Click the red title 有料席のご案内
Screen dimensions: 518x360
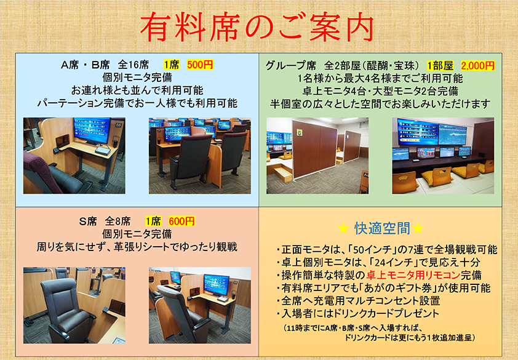coord(257,28)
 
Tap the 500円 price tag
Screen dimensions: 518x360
coord(200,65)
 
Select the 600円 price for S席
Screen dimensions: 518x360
coord(181,221)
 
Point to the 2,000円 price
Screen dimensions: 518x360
coord(477,65)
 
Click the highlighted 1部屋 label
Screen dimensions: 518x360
coord(440,65)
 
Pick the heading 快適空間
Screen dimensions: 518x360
coord(382,228)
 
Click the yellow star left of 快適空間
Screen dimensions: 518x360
coord(343,228)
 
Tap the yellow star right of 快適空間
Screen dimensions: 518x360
coord(418,228)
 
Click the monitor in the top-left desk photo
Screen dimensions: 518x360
coord(92,130)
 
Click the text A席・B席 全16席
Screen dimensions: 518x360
coord(105,65)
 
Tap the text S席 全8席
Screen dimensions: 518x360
coord(105,221)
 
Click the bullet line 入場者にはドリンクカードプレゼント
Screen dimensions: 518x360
coord(360,313)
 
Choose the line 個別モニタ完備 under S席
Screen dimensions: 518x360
coord(137,234)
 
